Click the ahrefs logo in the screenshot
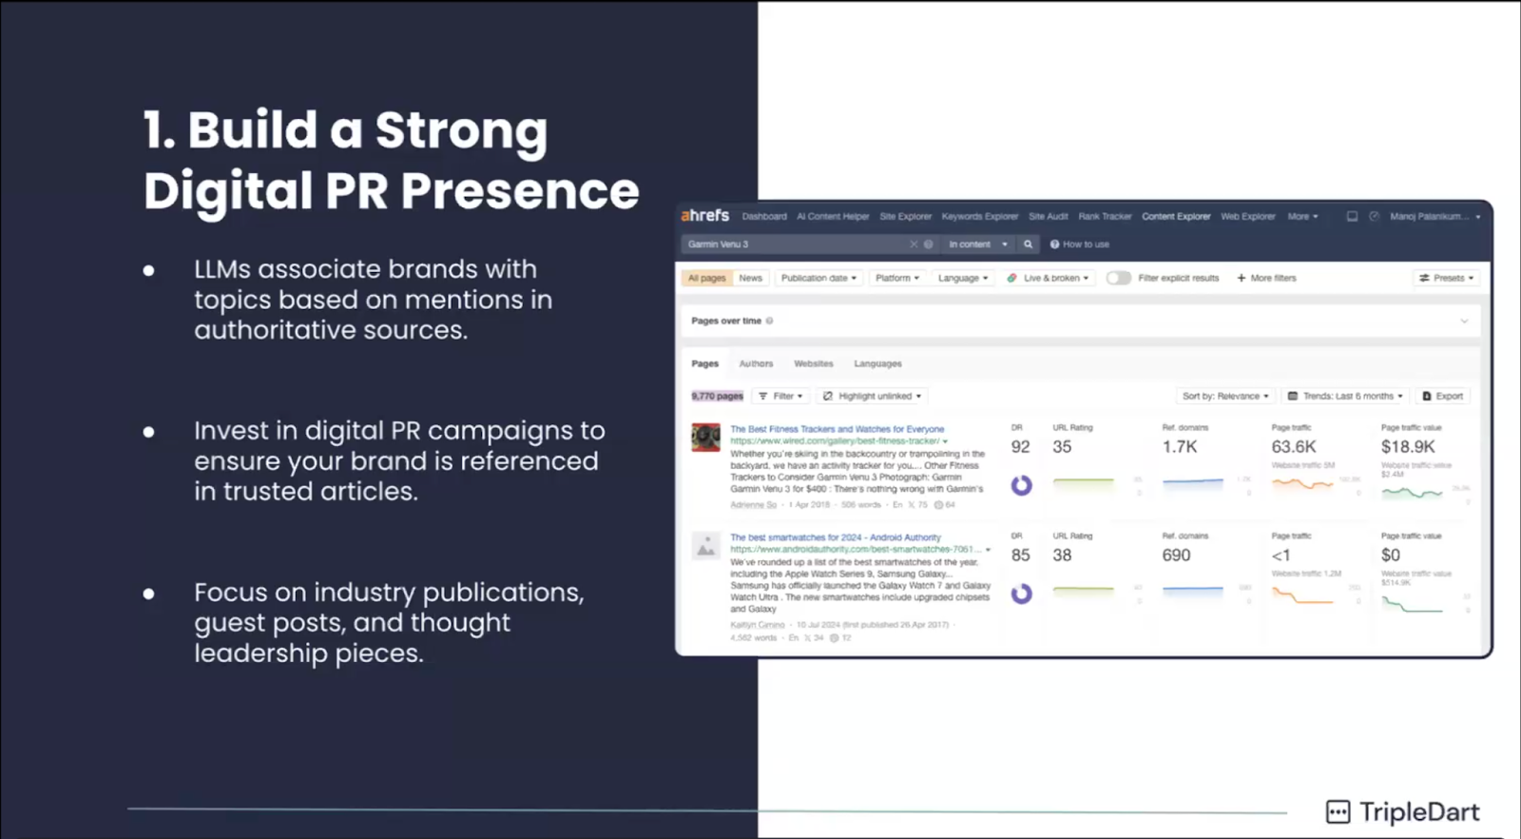(704, 216)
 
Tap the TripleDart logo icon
(1338, 811)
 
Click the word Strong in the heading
(461, 130)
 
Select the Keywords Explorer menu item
(979, 217)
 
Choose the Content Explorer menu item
(1176, 217)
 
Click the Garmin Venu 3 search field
(794, 244)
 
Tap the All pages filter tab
(706, 278)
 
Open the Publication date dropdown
(818, 278)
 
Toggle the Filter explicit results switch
(1118, 278)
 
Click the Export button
(1443, 396)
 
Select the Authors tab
(756, 363)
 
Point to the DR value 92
(1020, 447)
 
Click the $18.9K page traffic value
(1408, 447)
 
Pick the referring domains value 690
(1176, 556)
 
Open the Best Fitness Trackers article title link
(837, 429)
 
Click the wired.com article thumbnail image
(705, 438)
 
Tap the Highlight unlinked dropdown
(873, 396)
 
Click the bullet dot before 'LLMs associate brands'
(149, 270)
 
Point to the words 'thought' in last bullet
(460, 623)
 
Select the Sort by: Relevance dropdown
(1224, 396)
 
